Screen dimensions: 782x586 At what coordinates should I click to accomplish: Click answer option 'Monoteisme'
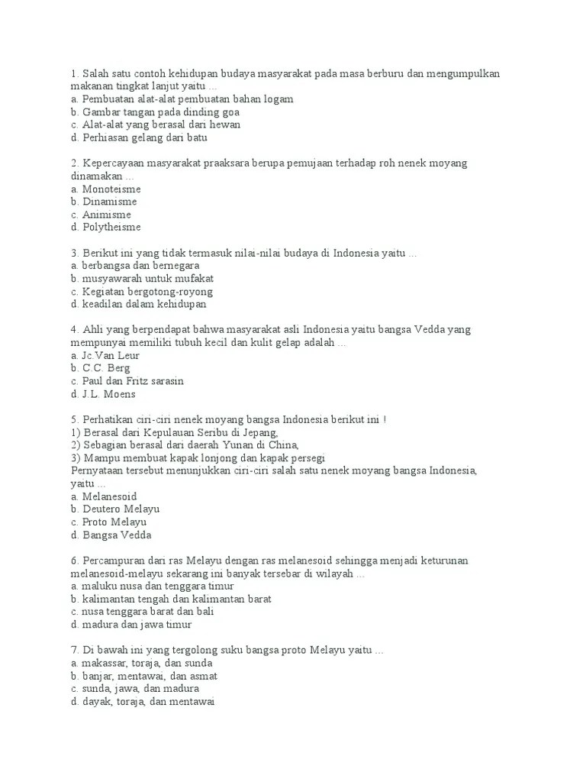(x=111, y=189)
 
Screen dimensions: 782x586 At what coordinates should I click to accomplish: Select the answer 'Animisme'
(x=106, y=215)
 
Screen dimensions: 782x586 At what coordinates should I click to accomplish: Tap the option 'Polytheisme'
(x=111, y=228)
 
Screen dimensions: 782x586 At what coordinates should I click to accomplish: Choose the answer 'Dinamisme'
(x=109, y=202)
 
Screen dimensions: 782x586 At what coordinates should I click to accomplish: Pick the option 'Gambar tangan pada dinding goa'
(x=160, y=111)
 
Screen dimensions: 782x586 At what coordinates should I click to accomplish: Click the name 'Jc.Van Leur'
(x=111, y=355)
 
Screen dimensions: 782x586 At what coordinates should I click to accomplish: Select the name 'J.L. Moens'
(x=108, y=394)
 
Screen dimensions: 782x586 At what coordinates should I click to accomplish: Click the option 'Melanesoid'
(x=109, y=496)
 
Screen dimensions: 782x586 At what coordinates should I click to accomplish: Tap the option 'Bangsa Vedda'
(x=116, y=535)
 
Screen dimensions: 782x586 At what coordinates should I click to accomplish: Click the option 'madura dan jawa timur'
(x=133, y=625)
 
